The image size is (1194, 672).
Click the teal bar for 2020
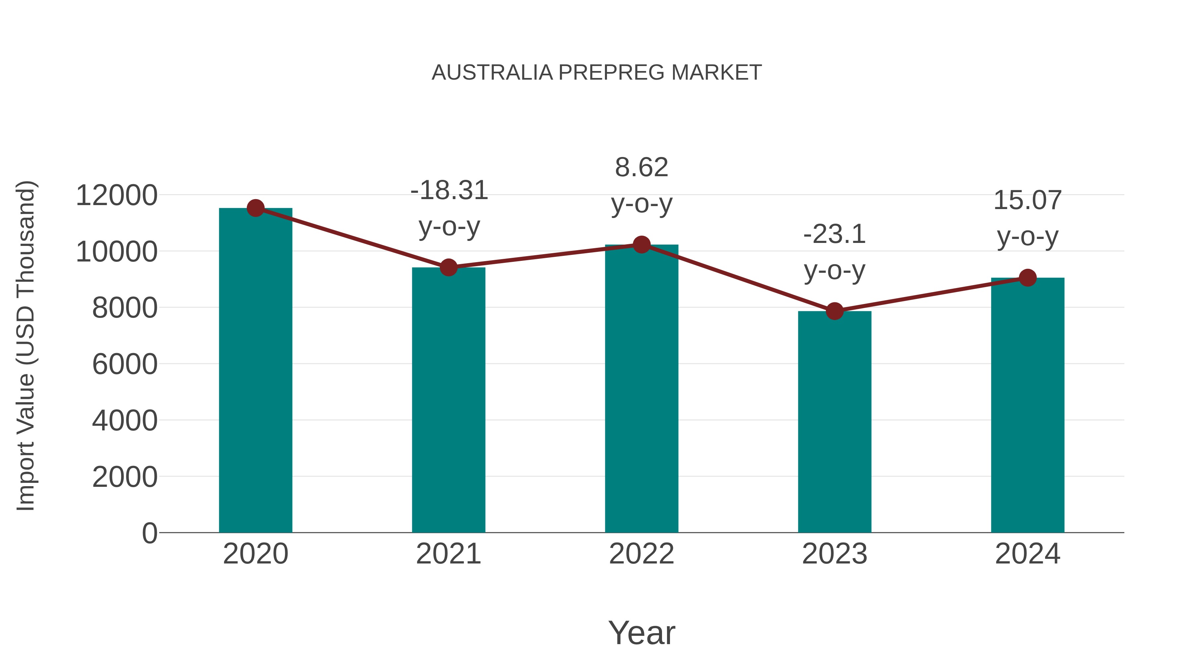point(255,371)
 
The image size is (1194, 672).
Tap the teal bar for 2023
point(834,422)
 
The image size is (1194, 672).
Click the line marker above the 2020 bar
point(255,208)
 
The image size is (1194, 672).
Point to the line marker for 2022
point(641,244)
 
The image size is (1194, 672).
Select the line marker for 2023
point(834,311)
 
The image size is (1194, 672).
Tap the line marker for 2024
point(1028,278)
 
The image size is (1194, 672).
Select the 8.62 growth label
point(641,168)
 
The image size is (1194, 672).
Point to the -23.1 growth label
point(834,234)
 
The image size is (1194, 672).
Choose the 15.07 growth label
point(1028,200)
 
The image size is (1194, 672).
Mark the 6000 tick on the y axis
point(125,364)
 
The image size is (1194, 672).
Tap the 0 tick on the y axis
point(150,533)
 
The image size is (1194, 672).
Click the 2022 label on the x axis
point(641,554)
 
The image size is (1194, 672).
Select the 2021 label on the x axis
point(448,554)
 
